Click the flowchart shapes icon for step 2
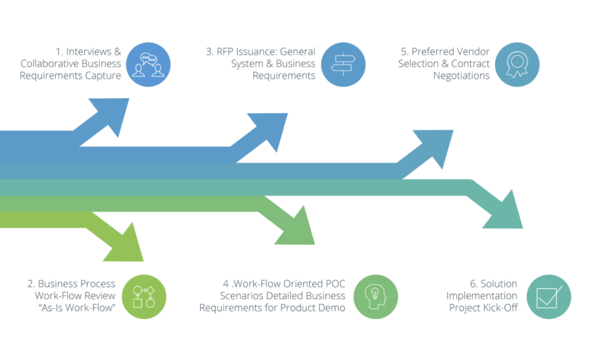[144, 297]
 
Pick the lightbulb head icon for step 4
[376, 297]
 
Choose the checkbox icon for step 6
[548, 297]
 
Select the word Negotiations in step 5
[461, 77]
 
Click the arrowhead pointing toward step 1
[114, 115]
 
